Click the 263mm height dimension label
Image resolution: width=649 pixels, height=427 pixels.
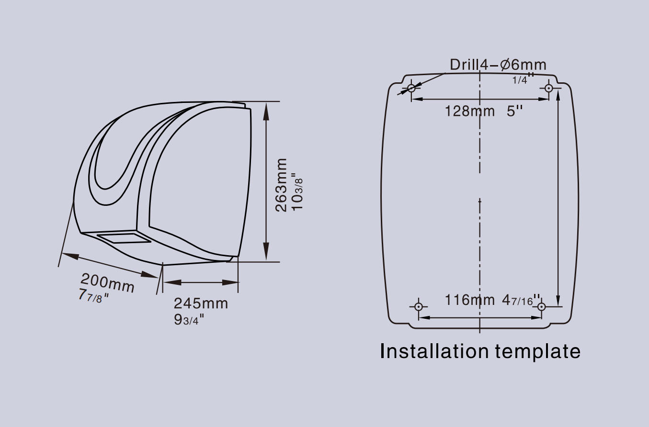[281, 185]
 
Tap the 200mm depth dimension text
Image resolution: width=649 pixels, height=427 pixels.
[107, 283]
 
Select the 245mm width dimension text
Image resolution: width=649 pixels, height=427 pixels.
[201, 303]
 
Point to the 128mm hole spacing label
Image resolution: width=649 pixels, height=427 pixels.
[470, 111]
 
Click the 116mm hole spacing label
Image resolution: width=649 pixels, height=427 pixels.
[470, 300]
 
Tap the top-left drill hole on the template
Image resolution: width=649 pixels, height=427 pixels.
[411, 88]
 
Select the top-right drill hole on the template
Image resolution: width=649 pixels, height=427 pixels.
[548, 88]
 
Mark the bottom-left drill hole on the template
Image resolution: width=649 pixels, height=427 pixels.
[418, 306]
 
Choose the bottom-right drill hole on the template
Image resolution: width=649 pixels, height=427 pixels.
[541, 306]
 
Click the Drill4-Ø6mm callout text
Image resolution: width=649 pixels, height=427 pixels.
[498, 65]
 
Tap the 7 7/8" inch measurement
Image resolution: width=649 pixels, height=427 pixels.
[93, 296]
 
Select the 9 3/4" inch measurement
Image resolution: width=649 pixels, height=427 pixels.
[189, 320]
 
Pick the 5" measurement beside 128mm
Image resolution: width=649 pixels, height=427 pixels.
[514, 111]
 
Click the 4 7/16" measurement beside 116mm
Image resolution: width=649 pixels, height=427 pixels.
[521, 300]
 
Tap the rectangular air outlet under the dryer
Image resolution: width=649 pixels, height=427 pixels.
[124, 237]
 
